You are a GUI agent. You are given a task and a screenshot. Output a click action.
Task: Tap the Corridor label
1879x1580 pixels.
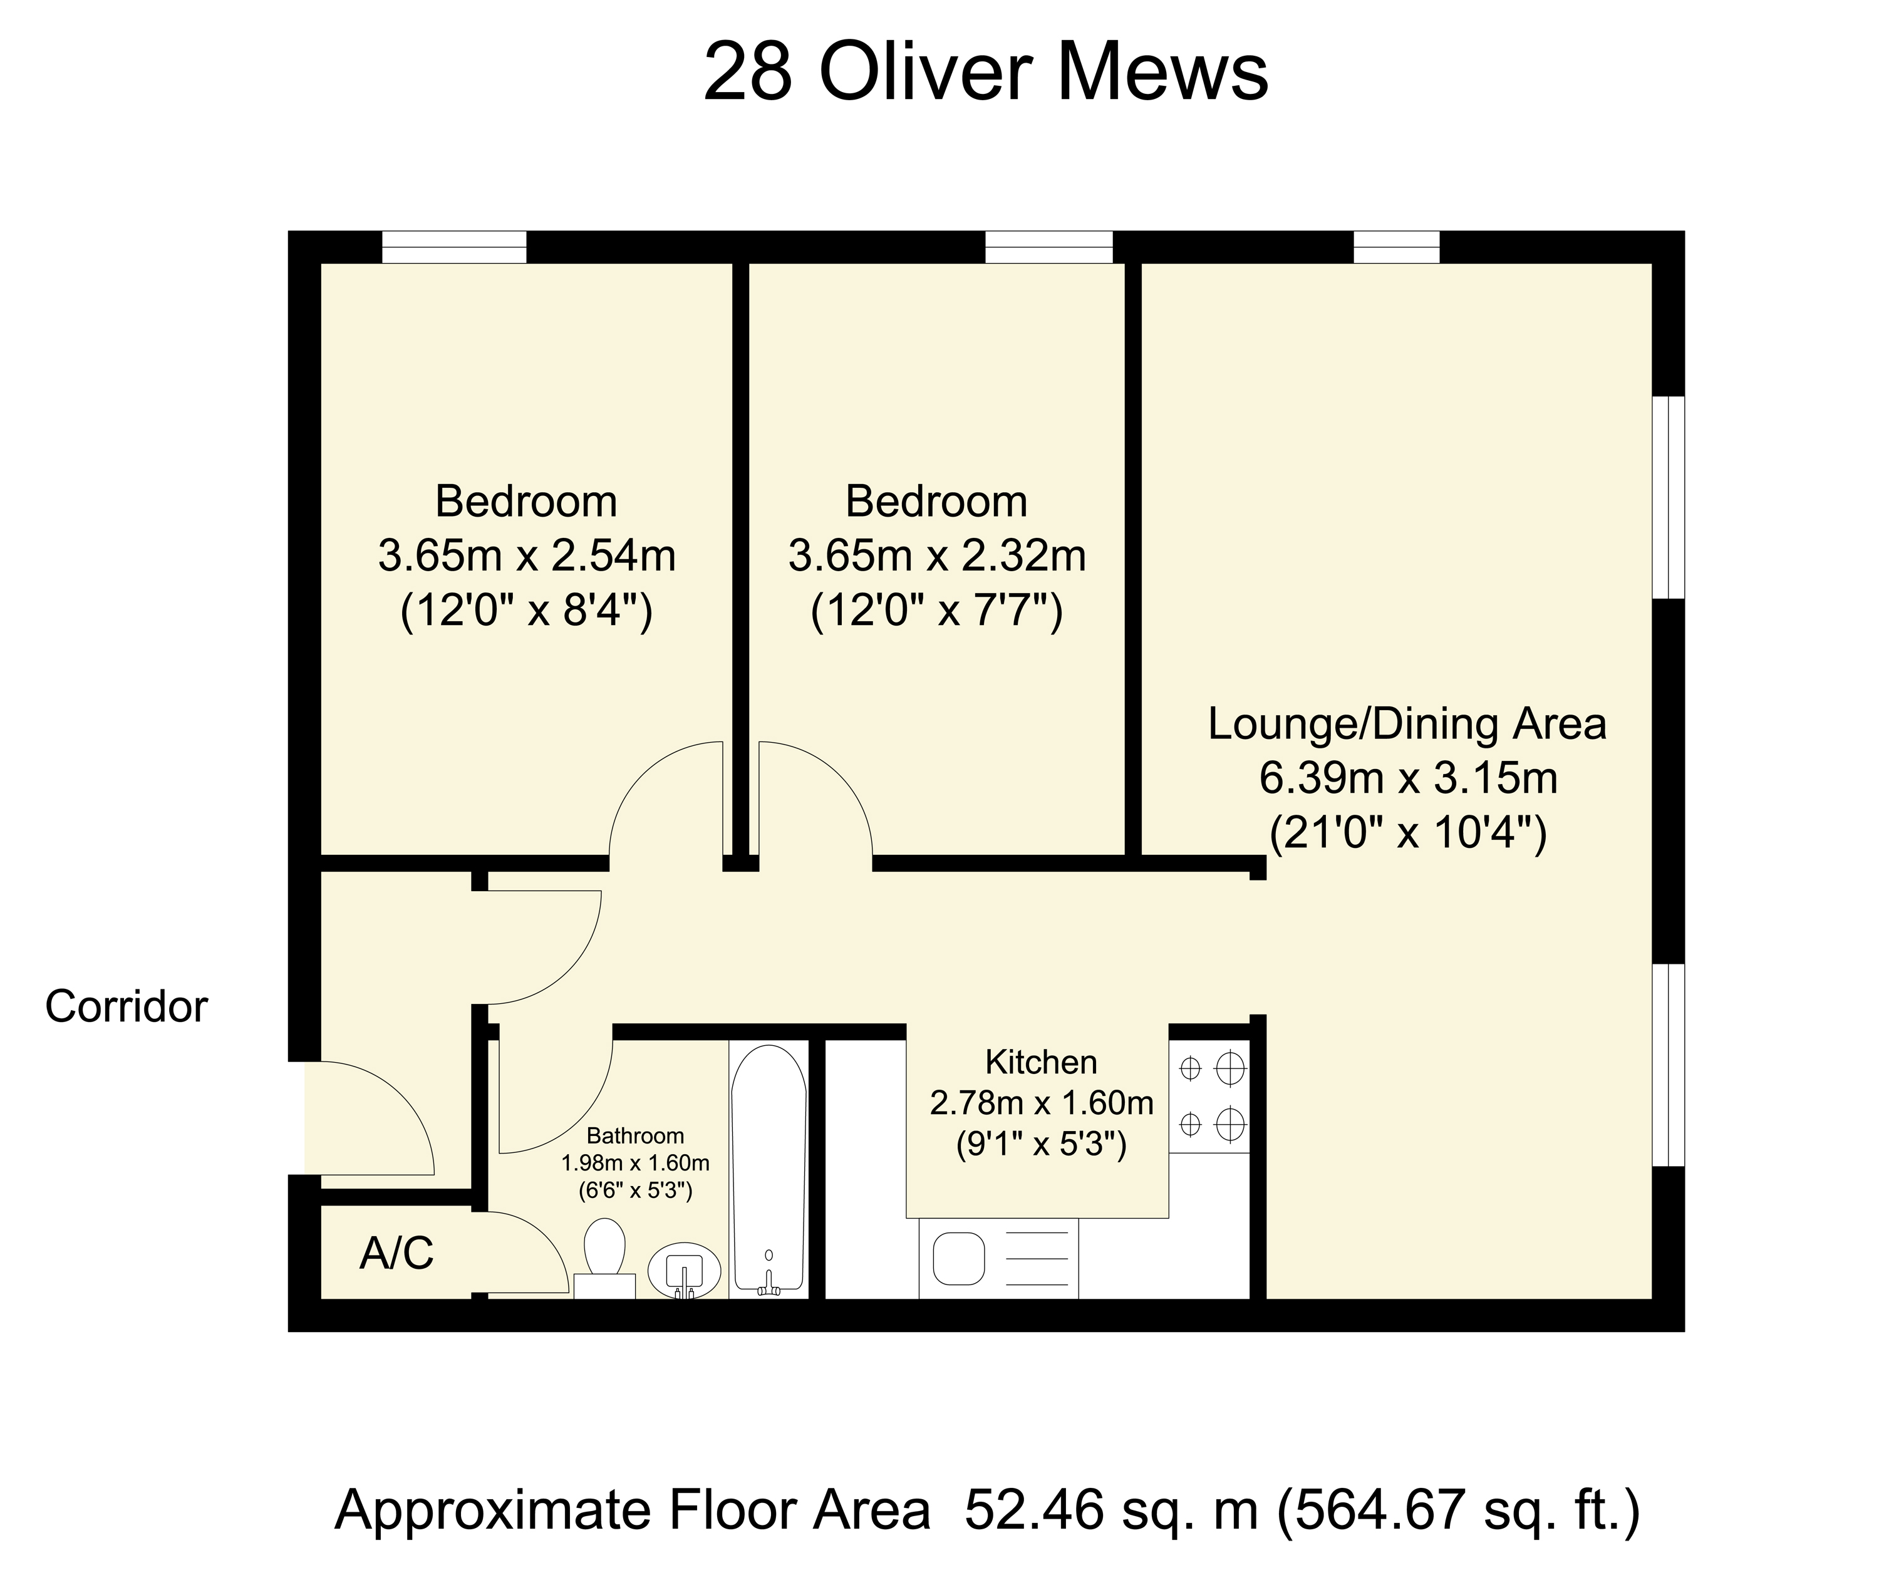127,1007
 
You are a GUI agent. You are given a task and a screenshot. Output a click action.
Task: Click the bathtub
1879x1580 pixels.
769,1169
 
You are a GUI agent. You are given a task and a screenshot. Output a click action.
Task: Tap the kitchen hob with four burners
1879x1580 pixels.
1209,1095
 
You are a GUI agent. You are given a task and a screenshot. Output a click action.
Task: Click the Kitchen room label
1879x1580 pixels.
1041,1062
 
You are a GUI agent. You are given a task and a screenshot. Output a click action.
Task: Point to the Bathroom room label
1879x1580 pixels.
635,1136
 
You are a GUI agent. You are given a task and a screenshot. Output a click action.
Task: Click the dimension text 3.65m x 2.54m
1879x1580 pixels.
527,556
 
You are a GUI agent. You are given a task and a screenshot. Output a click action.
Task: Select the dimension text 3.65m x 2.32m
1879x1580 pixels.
937,556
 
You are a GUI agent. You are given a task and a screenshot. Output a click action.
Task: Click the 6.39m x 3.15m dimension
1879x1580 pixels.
1409,778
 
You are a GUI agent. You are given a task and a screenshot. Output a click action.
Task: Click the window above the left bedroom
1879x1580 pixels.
454,247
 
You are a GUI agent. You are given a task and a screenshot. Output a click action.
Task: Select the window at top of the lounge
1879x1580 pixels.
1396,247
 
